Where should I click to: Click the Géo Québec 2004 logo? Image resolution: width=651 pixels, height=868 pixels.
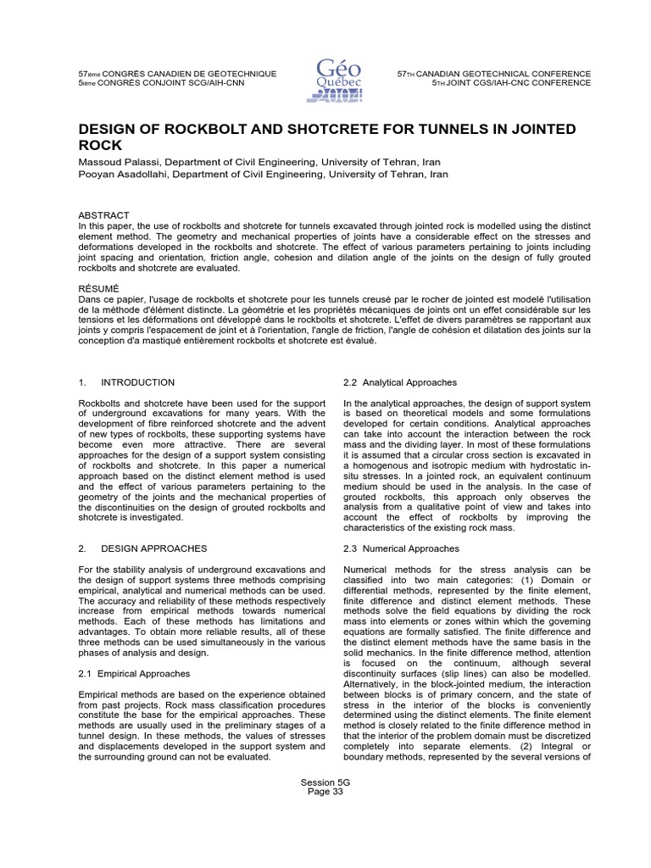pyautogui.click(x=338, y=79)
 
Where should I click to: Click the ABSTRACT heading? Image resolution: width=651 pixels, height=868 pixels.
pyautogui.click(x=103, y=215)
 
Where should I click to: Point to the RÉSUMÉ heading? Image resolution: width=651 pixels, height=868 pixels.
pyautogui.click(x=99, y=289)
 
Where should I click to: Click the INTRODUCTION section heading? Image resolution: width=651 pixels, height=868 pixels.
pyautogui.click(x=137, y=382)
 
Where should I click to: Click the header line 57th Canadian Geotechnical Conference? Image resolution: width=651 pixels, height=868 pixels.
pyautogui.click(x=493, y=75)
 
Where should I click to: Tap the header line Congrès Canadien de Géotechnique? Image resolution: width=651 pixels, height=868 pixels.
pyautogui.click(x=177, y=75)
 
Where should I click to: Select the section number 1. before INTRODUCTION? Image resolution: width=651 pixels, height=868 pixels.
pyautogui.click(x=81, y=382)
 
